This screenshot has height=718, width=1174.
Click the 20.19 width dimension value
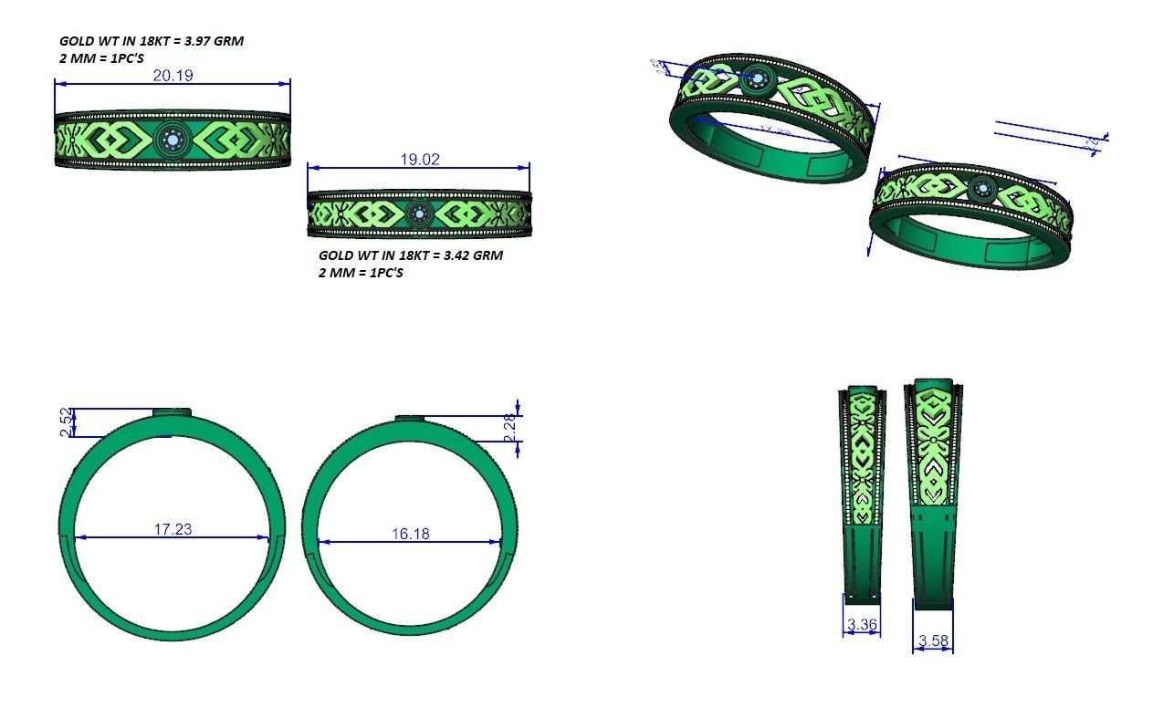coord(173,75)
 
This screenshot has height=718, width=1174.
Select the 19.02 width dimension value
coord(419,159)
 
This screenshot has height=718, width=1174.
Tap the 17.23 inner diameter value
coord(173,529)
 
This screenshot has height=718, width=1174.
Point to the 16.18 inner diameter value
coord(411,533)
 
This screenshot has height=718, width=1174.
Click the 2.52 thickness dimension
coord(66,422)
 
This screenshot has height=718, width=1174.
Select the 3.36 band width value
coord(862,625)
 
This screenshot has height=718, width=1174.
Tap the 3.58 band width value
coord(933,640)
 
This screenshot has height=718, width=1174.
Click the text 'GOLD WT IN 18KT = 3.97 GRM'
coord(152,41)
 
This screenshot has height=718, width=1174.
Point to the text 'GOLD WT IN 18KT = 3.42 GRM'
coord(411,255)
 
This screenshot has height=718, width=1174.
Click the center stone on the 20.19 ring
coord(172,140)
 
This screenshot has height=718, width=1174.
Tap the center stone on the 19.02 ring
coord(420,214)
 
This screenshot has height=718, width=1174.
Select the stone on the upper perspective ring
coord(757,79)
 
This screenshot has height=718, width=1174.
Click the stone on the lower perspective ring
coord(983,190)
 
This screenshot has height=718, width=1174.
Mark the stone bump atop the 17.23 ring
coord(172,413)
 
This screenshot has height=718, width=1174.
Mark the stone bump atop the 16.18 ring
coord(411,419)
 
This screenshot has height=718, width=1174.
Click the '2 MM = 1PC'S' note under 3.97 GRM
coord(101,58)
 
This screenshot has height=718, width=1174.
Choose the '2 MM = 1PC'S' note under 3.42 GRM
coord(361,273)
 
